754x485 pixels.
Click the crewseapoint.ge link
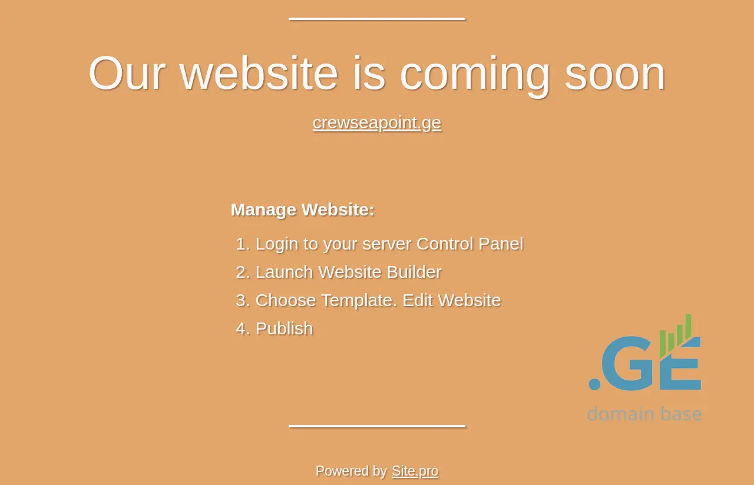376,123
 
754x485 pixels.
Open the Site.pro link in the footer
415,471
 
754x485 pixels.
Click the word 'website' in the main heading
259,73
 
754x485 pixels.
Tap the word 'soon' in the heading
615,74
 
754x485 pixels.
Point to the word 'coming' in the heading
475,77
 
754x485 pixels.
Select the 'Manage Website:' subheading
303,210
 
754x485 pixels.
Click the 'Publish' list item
285,328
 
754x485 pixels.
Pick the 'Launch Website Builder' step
348,272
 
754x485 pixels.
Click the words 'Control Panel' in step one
470,244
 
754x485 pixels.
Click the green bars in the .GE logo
676,335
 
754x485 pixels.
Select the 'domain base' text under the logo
644,413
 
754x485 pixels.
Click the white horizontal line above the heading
377,19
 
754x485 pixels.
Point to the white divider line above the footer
377,426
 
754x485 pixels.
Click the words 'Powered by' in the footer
351,471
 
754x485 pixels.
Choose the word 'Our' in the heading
127,73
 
